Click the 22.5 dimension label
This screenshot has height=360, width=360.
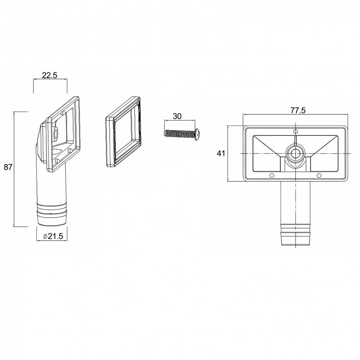[49, 75]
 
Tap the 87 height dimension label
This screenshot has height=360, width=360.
[8, 167]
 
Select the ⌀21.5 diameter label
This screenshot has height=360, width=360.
[53, 236]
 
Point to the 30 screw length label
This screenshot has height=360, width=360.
[177, 116]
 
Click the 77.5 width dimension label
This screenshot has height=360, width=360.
[298, 110]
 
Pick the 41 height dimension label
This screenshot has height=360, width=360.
[221, 153]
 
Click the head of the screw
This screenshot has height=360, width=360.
[198, 135]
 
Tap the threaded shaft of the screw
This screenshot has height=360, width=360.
[180, 133]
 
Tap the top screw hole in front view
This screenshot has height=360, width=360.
[296, 131]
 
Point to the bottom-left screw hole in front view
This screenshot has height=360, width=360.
[272, 176]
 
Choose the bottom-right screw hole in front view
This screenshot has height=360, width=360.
[319, 176]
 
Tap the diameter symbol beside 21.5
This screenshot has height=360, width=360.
[45, 236]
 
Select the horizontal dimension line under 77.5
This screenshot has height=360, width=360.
[295, 114]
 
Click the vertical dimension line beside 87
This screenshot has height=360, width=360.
[14, 169]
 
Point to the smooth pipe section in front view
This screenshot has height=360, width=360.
[295, 202]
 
